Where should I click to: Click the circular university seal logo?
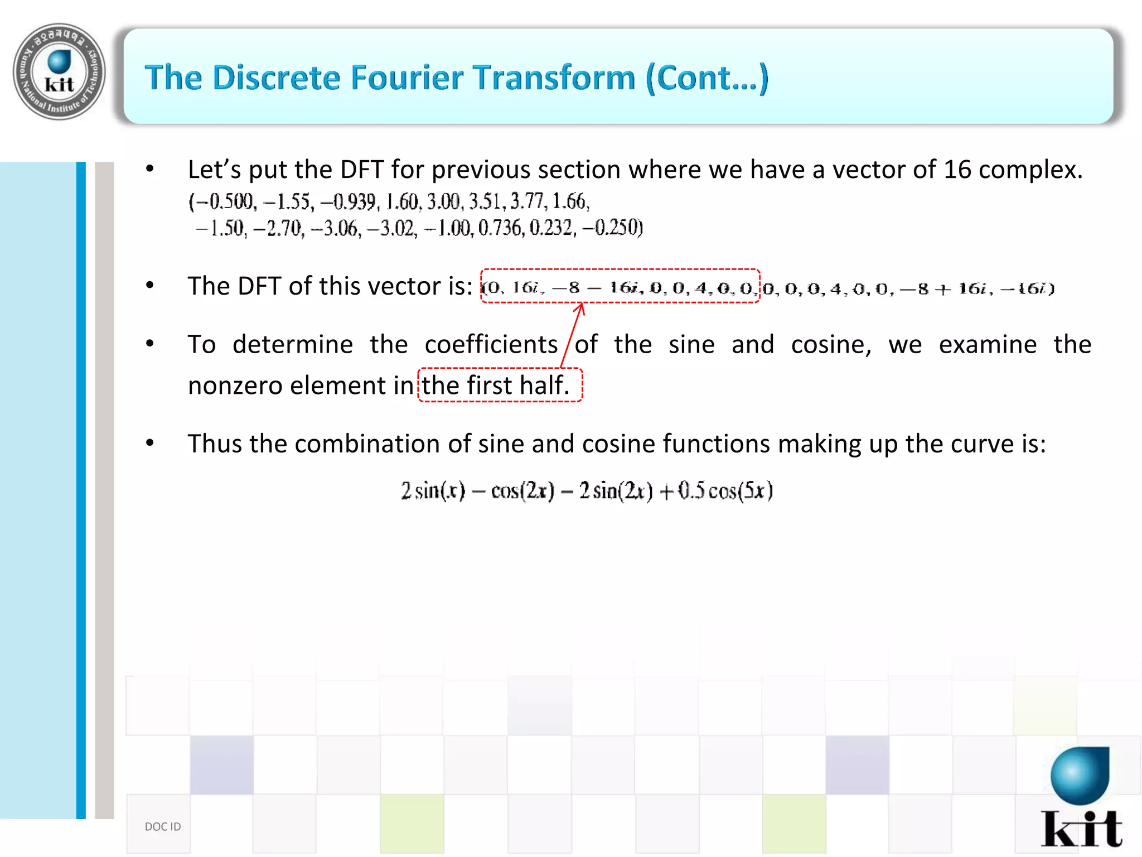click(x=59, y=71)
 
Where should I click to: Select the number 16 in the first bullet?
click(x=957, y=170)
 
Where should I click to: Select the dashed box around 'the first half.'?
click(x=500, y=385)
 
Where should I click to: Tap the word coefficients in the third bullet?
click(x=491, y=344)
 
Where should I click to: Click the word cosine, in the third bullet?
click(x=831, y=344)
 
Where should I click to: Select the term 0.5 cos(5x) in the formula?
click(x=725, y=491)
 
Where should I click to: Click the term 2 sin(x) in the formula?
click(x=433, y=491)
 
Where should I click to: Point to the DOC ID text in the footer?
click(x=163, y=826)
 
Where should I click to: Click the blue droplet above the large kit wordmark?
click(x=1080, y=774)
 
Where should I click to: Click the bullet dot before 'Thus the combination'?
click(x=149, y=444)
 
